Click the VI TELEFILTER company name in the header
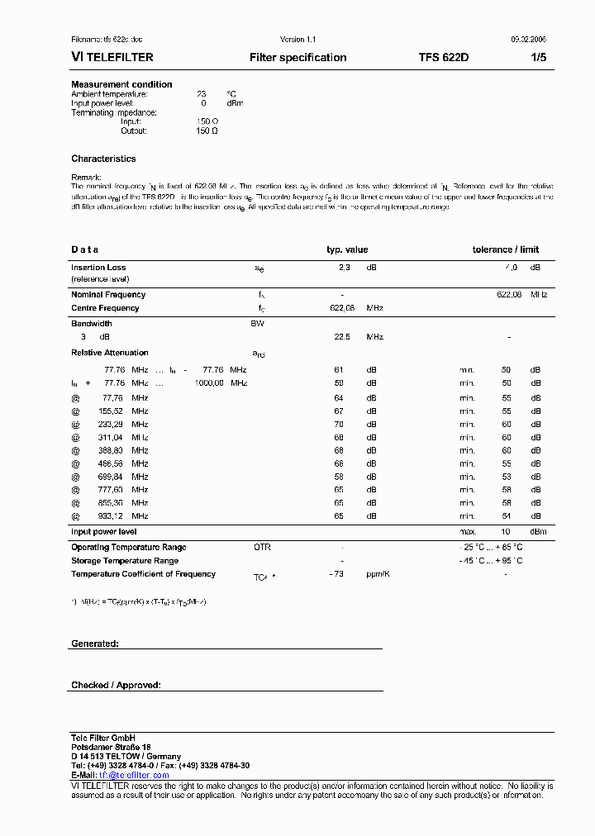(x=112, y=58)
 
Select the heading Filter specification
(x=297, y=58)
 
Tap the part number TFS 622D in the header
(x=443, y=58)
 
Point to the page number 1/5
(x=536, y=58)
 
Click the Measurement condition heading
(x=121, y=84)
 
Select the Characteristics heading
(x=103, y=159)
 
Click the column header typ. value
(x=347, y=249)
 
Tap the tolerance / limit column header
(x=505, y=249)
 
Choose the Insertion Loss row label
(x=98, y=268)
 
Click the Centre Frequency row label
(x=105, y=308)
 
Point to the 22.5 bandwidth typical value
(x=341, y=337)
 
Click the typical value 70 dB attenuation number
(x=339, y=424)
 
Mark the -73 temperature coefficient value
(x=336, y=573)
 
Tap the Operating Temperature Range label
(x=128, y=547)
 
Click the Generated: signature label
(x=94, y=643)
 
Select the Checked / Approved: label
(x=116, y=685)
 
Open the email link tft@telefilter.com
(x=134, y=775)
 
